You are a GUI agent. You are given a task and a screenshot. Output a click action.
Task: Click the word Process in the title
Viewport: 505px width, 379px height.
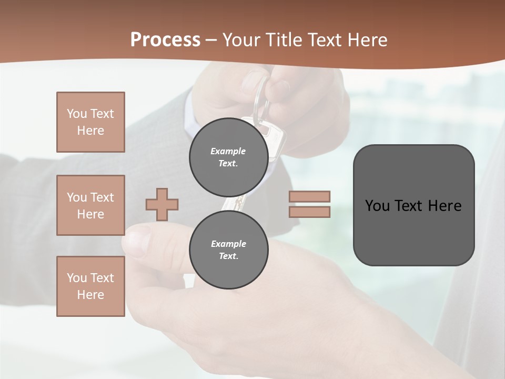click(x=165, y=40)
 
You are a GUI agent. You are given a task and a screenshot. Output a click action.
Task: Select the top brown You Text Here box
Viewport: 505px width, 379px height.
click(x=90, y=122)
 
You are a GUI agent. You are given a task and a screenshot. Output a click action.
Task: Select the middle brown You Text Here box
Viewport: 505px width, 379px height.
click(x=90, y=205)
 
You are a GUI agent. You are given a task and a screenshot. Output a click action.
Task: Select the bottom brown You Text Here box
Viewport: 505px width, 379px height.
click(x=90, y=286)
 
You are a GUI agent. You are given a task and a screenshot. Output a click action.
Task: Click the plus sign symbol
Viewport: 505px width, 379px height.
click(x=162, y=204)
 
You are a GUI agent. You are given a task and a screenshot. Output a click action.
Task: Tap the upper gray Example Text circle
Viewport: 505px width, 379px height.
click(x=228, y=157)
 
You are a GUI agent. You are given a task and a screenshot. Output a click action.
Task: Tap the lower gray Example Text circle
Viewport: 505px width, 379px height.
click(x=228, y=250)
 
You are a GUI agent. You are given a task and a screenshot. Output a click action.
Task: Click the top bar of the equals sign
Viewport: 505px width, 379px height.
click(x=309, y=196)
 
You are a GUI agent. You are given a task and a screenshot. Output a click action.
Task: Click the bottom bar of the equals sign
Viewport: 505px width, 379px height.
click(x=309, y=212)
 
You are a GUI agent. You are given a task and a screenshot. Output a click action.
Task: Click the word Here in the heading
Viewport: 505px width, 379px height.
click(x=367, y=40)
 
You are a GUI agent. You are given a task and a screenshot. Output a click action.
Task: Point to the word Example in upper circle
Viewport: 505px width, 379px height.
click(x=228, y=151)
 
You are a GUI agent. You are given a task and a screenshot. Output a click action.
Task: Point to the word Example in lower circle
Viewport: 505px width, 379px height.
click(x=228, y=244)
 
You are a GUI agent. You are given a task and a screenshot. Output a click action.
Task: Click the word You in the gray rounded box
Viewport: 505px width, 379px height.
click(x=377, y=206)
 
